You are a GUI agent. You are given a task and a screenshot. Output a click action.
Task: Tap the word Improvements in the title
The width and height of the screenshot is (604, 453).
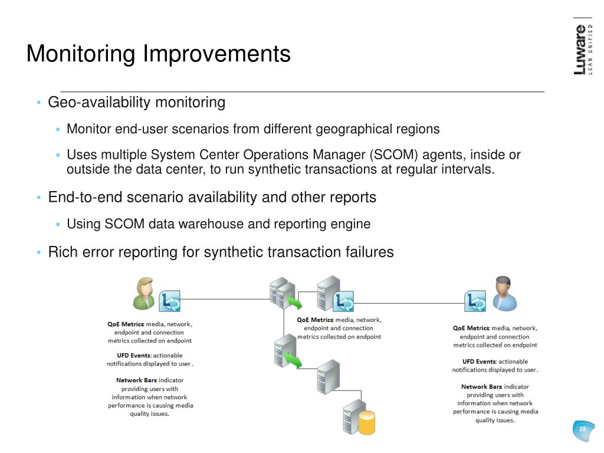216,54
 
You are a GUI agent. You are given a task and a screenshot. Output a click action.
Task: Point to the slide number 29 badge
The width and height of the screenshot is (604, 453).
583,429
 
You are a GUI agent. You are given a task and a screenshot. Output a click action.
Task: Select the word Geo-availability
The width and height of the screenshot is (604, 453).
99,103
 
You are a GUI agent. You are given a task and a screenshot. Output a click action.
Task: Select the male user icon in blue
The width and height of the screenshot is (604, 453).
504,294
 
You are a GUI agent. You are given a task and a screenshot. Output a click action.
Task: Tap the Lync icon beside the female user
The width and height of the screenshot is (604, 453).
169,301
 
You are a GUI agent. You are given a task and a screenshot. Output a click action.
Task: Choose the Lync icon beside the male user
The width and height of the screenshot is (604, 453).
475,301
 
